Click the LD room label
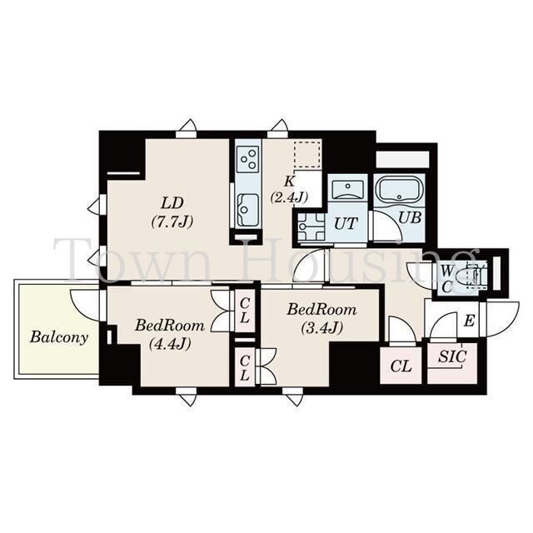coord(172,203)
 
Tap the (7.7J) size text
coord(172,222)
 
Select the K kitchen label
coord(289,182)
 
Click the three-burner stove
coord(248,158)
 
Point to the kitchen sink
coord(248,210)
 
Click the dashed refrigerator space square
coord(307,154)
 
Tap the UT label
coord(346,224)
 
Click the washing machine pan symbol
coord(311,226)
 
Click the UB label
coord(410,217)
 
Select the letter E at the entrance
coord(469,321)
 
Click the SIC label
coord(452,356)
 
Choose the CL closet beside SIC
coord(401,366)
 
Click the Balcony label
coord(59,337)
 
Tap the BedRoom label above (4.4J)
coord(170,326)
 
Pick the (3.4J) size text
coord(321,327)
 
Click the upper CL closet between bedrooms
coord(245,311)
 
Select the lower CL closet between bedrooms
coord(245,368)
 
